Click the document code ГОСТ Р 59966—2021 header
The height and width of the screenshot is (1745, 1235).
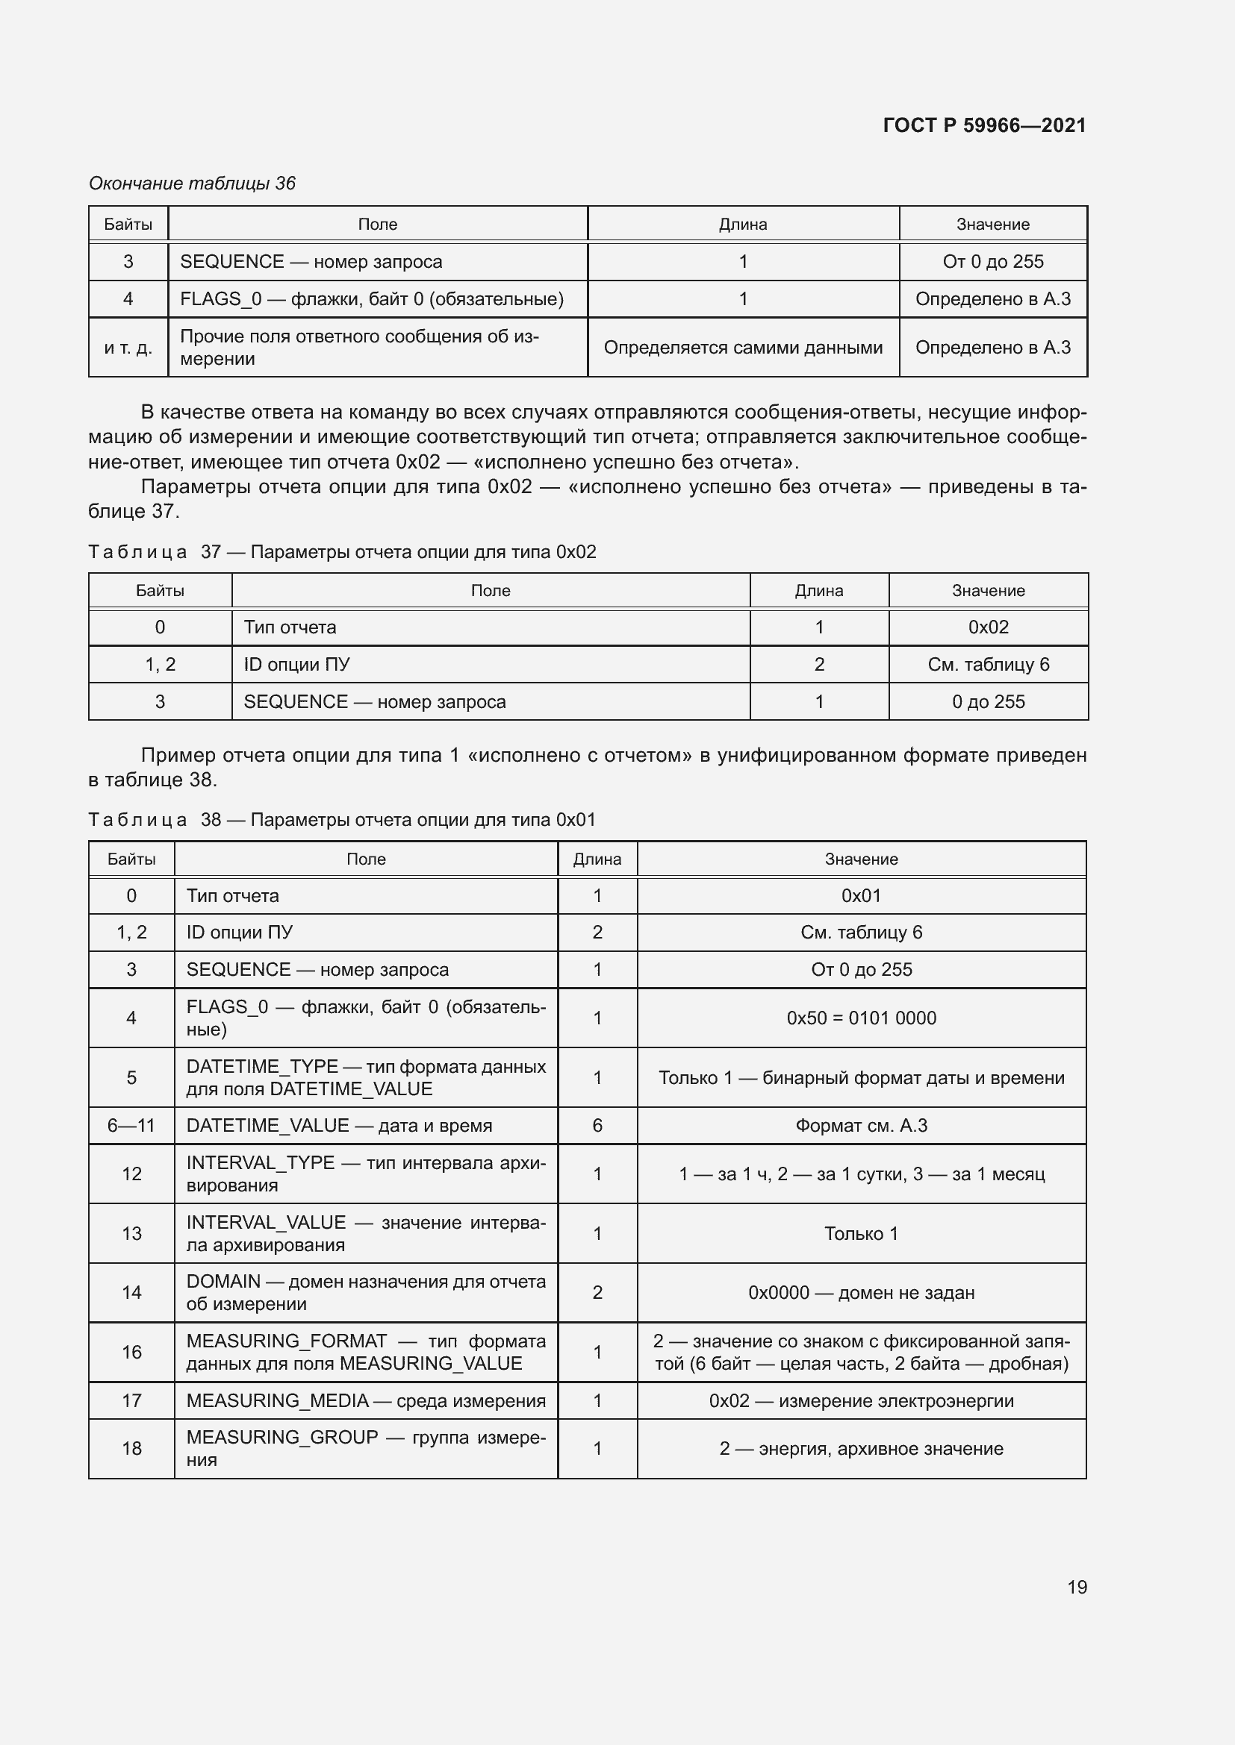(984, 125)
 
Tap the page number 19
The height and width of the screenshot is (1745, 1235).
(1077, 1587)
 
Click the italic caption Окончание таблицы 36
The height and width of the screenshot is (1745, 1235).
(192, 184)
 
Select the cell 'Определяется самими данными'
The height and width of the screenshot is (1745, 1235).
(742, 348)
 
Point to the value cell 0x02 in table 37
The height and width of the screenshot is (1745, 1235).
(988, 627)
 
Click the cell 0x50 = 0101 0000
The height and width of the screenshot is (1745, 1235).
(861, 1018)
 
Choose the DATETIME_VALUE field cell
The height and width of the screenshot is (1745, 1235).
(339, 1125)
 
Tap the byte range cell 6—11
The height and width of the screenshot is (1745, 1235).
(131, 1125)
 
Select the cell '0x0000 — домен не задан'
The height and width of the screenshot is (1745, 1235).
(861, 1292)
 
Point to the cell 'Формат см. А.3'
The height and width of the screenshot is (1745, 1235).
(861, 1125)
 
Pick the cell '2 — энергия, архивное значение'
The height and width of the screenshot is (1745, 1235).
(861, 1449)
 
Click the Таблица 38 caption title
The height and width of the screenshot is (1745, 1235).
(342, 819)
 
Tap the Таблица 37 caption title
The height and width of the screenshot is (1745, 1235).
(342, 552)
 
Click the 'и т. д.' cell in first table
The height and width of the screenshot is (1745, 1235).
(128, 348)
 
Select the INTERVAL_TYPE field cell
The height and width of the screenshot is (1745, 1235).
(366, 1174)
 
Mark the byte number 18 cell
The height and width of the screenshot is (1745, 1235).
(131, 1449)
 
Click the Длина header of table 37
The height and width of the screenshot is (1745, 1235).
(818, 591)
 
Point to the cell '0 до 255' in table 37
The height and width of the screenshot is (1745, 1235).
(988, 701)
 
